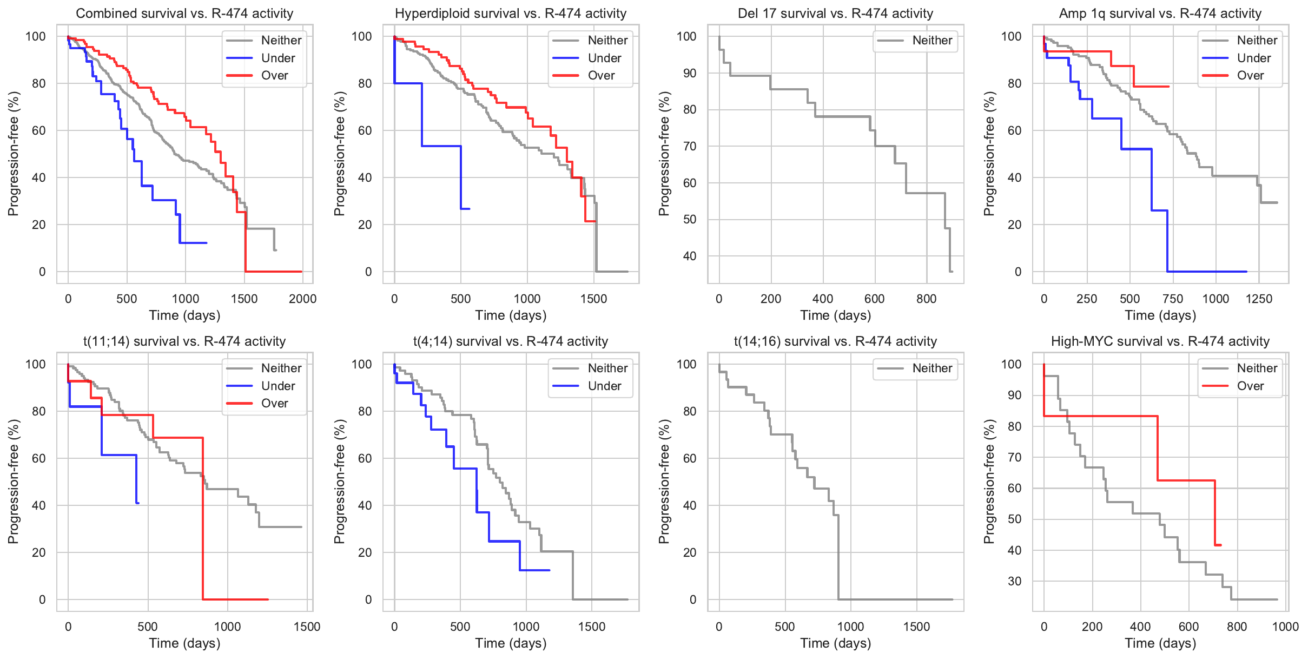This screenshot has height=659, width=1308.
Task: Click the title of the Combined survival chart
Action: [x=184, y=14]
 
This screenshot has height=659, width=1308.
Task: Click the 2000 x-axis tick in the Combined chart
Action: [x=302, y=299]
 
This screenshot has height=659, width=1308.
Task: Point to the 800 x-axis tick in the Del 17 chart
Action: [x=926, y=299]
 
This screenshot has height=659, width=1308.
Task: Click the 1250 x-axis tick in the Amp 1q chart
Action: [x=1259, y=299]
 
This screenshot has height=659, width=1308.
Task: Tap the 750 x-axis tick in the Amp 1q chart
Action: [x=1173, y=299]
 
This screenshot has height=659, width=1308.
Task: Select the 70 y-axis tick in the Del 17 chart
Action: [x=689, y=146]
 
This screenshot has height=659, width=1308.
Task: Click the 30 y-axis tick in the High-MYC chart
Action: [x=1015, y=581]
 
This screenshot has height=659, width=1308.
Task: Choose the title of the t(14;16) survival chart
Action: [x=835, y=341]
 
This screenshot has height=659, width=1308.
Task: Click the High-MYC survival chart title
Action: [x=1160, y=341]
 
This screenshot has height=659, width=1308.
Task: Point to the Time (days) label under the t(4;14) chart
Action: [x=511, y=643]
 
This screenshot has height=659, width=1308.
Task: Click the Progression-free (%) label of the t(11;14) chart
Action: [x=13, y=482]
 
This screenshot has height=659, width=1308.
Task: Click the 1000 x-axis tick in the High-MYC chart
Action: [x=1285, y=627]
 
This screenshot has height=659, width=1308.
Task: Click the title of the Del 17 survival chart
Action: [x=835, y=14]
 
